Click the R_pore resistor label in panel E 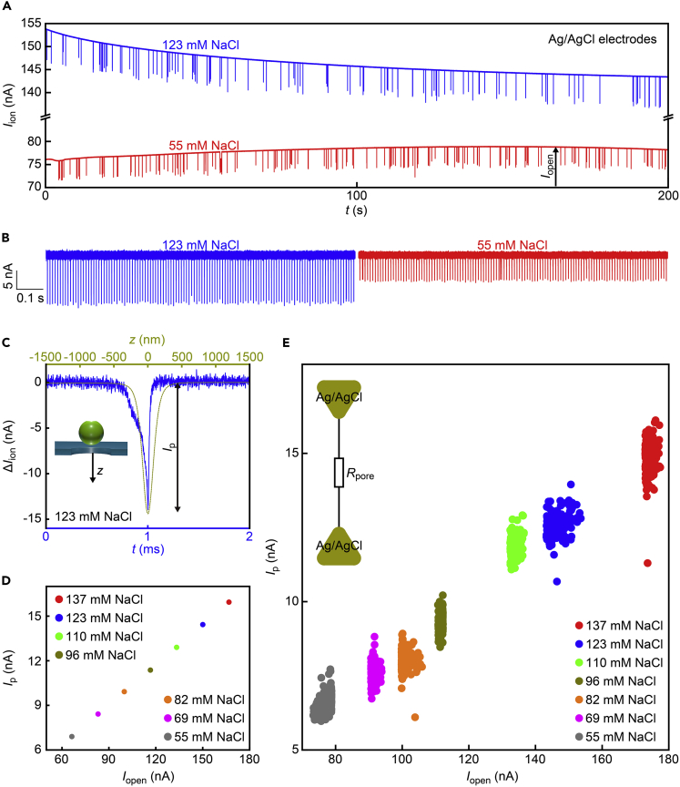pyautogui.click(x=367, y=474)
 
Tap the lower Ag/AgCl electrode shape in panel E pyautogui.click(x=340, y=546)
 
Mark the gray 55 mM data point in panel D pyautogui.click(x=72, y=736)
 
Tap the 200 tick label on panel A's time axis pyautogui.click(x=667, y=196)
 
